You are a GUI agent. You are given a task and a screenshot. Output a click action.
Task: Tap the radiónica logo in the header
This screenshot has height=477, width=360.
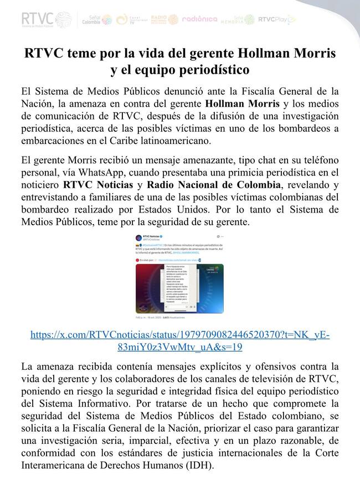pyautogui.click(x=199, y=19)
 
